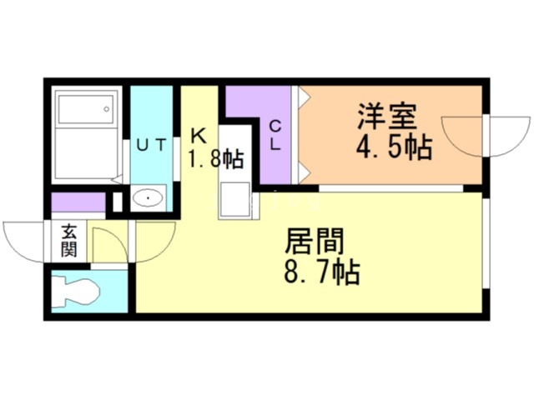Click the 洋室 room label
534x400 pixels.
point(387,115)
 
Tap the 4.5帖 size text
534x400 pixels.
point(395,147)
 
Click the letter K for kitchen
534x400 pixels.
point(199,133)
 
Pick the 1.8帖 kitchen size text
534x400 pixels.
point(214,158)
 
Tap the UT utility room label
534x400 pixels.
point(152,145)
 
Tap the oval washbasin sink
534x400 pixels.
point(149,200)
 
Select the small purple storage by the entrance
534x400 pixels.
point(78,202)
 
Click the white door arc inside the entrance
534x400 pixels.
point(108,244)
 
